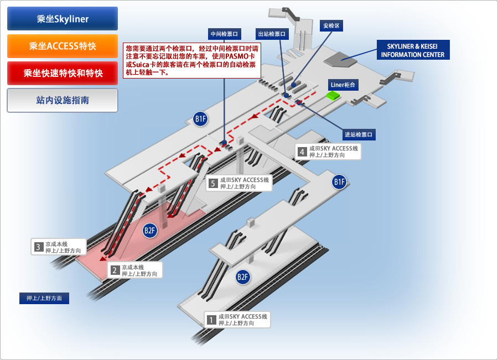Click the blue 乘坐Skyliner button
click(63, 19)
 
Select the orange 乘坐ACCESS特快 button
click(63, 46)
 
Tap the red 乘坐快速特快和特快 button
click(63, 73)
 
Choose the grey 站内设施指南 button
click(63, 100)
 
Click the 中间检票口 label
click(224, 33)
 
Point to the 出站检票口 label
click(272, 34)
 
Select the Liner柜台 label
click(343, 85)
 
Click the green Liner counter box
click(333, 96)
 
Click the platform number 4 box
click(302, 152)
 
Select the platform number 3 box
click(38, 247)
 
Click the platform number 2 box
click(115, 270)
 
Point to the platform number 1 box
click(211, 319)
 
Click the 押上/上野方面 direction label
click(44, 298)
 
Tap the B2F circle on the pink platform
click(150, 231)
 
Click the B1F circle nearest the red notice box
click(200, 118)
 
